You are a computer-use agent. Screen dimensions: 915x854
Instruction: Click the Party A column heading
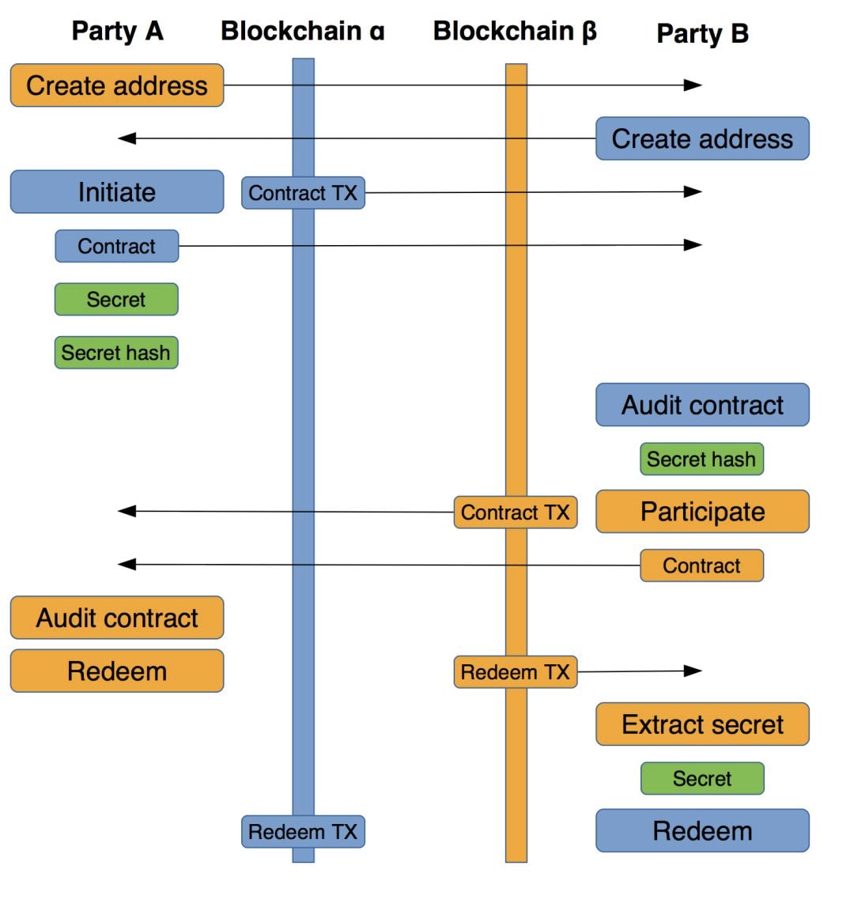(117, 31)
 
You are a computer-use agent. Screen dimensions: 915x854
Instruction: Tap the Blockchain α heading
(302, 31)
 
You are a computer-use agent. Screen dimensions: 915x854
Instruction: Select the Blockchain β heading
(515, 31)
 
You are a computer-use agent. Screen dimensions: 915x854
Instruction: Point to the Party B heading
(702, 33)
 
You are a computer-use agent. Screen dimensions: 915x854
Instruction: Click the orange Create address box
(117, 85)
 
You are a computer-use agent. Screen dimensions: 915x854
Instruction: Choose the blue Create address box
(702, 139)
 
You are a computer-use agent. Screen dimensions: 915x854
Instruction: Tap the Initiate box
(117, 192)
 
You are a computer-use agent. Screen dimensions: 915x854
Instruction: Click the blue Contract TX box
(303, 193)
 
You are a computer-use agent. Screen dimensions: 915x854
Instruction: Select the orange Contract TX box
(516, 512)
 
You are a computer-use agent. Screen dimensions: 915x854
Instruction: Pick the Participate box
(702, 512)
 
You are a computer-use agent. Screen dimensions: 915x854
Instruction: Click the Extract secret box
(702, 724)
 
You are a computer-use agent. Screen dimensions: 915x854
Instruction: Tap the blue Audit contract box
(702, 405)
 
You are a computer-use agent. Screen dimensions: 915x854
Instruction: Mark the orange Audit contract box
(117, 618)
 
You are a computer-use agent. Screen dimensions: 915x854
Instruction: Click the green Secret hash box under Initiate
(116, 353)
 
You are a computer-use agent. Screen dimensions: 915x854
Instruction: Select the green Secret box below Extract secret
(702, 778)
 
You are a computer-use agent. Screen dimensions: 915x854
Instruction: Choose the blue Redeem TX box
(303, 832)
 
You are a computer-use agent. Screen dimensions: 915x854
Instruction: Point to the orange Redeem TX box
(516, 672)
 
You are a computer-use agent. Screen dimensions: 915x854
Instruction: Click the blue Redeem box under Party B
(702, 831)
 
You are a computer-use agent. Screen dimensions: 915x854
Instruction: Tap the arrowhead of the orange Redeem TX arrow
(693, 671)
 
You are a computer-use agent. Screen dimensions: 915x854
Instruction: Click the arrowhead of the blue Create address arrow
(127, 138)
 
